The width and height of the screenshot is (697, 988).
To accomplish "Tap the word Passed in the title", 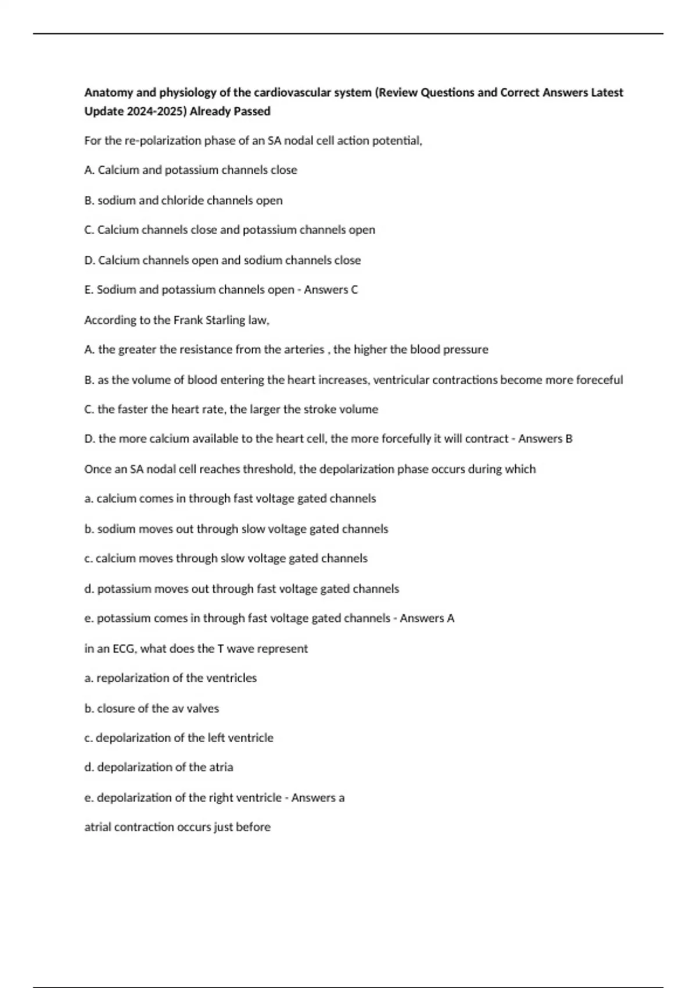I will [253, 111].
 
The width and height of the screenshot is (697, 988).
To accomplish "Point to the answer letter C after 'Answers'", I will [354, 289].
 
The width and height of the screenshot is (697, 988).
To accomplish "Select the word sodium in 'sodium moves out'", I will [114, 529].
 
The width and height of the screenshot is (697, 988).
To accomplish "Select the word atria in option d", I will [221, 767].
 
